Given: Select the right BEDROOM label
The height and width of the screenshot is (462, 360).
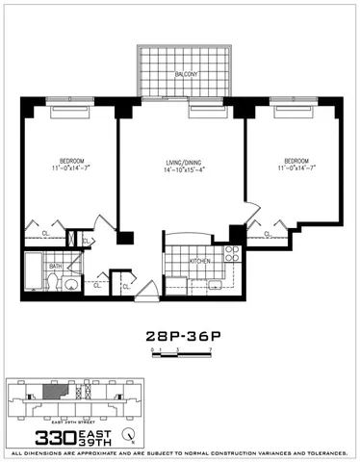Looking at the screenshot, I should pos(296,160).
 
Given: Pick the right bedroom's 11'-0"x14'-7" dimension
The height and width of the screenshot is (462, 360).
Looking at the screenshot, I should pos(296,169).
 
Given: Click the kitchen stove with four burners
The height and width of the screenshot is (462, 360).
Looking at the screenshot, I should pos(231,255).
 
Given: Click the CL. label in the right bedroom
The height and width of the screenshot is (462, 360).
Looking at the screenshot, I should pos(268,233).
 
